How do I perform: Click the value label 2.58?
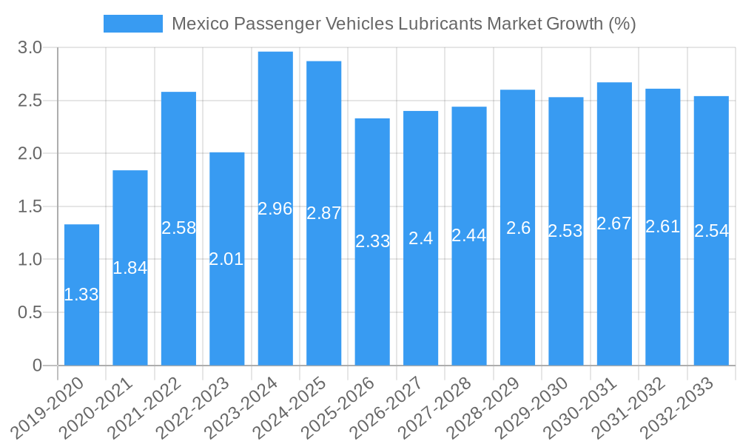pyautogui.click(x=178, y=228)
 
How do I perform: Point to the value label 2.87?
pyautogui.click(x=324, y=213)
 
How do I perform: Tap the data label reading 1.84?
pyautogui.click(x=130, y=268)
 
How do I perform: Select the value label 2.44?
pyautogui.click(x=469, y=235)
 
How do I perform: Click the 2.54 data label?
pyautogui.click(x=711, y=231)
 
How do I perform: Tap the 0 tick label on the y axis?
pyautogui.click(x=38, y=366)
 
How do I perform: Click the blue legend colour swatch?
pyautogui.click(x=132, y=24)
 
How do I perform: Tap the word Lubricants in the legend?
pyautogui.click(x=440, y=24)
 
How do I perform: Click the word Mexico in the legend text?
pyautogui.click(x=198, y=24)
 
